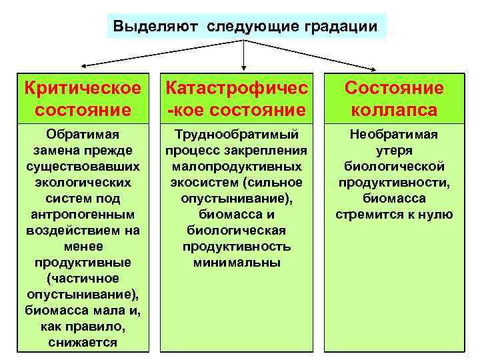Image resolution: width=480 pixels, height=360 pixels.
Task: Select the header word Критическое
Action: pyautogui.click(x=83, y=88)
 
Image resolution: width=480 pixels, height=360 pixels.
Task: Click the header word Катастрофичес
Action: pyautogui.click(x=236, y=88)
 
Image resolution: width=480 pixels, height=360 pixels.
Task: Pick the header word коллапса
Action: pyautogui.click(x=393, y=109)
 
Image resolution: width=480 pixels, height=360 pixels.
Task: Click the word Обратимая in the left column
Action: pyautogui.click(x=83, y=135)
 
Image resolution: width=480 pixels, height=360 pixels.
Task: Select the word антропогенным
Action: pyautogui.click(x=83, y=215)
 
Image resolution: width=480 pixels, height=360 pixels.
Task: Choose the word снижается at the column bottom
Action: pyautogui.click(x=83, y=343)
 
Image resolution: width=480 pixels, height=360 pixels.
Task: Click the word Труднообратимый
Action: pyautogui.click(x=236, y=135)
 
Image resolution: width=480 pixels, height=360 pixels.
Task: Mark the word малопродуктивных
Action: pyautogui.click(x=236, y=167)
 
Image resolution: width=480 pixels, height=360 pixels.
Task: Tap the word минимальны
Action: pyautogui.click(x=237, y=263)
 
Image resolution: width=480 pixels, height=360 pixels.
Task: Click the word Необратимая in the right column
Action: pyautogui.click(x=394, y=135)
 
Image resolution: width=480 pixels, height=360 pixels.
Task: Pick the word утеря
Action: pyautogui.click(x=394, y=151)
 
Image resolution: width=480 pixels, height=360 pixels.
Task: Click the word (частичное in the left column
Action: pyautogui.click(x=83, y=279)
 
